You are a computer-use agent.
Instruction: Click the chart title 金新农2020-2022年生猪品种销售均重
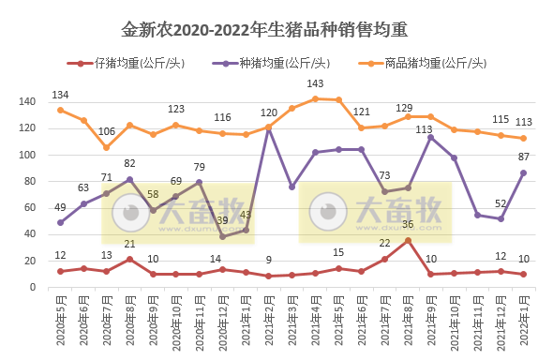pyautogui.click(x=265, y=30)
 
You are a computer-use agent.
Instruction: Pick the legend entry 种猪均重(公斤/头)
pyautogui.click(x=280, y=64)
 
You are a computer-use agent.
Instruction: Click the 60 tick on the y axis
pyautogui.click(x=30, y=208)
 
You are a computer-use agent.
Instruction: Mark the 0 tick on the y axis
pyautogui.click(x=33, y=287)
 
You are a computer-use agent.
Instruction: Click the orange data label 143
pyautogui.click(x=316, y=84)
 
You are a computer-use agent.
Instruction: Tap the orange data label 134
pyautogui.click(x=61, y=96)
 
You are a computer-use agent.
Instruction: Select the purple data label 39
pyautogui.click(x=222, y=221)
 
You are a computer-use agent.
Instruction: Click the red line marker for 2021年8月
pyautogui.click(x=408, y=240)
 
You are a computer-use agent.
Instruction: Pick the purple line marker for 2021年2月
pyautogui.click(x=269, y=128)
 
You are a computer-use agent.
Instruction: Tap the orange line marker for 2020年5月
pyautogui.click(x=60, y=110)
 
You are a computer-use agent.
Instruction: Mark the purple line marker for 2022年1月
pyautogui.click(x=523, y=172)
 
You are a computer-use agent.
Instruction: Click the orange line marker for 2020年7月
pyautogui.click(x=106, y=147)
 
